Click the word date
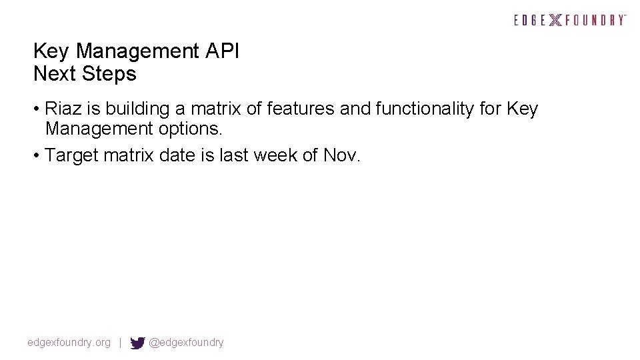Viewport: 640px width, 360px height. pyautogui.click(x=180, y=155)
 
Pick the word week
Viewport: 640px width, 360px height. pyautogui.click(x=273, y=155)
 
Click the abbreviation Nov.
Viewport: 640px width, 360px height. pyautogui.click(x=341, y=155)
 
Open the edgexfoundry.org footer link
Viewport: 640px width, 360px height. pyautogui.click(x=69, y=343)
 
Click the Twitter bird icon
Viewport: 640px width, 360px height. pyautogui.click(x=137, y=343)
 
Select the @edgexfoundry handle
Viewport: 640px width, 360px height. pyautogui.click(x=186, y=343)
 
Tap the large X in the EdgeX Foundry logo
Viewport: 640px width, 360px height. pyautogui.click(x=555, y=20)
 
